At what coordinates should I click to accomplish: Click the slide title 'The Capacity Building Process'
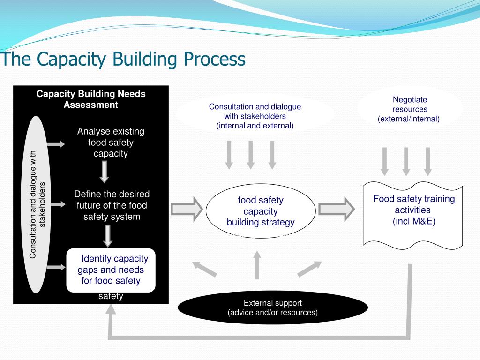[x=123, y=60]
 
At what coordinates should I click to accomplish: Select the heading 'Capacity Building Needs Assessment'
[x=91, y=99]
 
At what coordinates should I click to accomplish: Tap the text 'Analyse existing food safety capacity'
[x=111, y=142]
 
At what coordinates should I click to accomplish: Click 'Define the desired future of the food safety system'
[x=112, y=205]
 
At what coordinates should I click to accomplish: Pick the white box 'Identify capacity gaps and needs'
[x=111, y=270]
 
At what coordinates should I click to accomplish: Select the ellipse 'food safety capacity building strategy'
[x=261, y=211]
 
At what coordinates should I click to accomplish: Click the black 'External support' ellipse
[x=272, y=307]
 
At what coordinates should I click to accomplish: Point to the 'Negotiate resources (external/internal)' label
[x=409, y=109]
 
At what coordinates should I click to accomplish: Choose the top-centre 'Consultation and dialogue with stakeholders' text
[x=255, y=116]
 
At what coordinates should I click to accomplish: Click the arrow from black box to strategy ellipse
[x=187, y=209]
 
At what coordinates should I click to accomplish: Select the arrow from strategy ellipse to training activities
[x=336, y=209]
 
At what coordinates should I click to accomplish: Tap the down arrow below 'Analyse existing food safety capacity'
[x=105, y=172]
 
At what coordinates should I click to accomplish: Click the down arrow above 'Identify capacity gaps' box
[x=108, y=236]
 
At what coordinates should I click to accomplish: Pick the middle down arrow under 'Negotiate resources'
[x=406, y=161]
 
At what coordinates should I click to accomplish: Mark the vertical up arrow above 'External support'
[x=256, y=265]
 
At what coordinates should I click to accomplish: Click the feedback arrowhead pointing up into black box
[x=111, y=310]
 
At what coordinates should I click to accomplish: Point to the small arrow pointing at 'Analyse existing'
[x=56, y=144]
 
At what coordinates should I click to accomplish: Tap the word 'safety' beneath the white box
[x=111, y=296]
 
